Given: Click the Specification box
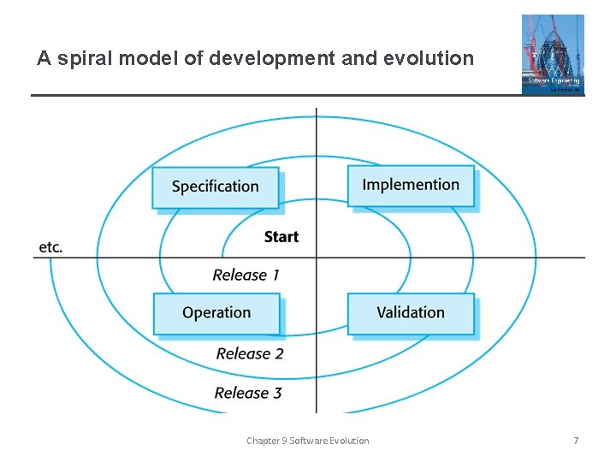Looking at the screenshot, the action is (216, 187).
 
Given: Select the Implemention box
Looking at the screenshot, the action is (411, 186).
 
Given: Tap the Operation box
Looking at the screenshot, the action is (216, 313).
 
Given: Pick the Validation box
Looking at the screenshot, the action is (411, 313).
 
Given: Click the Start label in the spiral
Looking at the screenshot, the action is (281, 237).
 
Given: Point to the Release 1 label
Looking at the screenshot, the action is (246, 275).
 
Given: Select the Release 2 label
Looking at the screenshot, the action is (250, 353).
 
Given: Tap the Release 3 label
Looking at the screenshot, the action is (248, 393).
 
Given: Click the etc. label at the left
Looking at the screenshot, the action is (50, 247).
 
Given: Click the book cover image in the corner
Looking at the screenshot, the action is (553, 54).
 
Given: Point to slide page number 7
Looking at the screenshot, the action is (576, 441).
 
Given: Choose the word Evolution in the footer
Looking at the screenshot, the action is (350, 441).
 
